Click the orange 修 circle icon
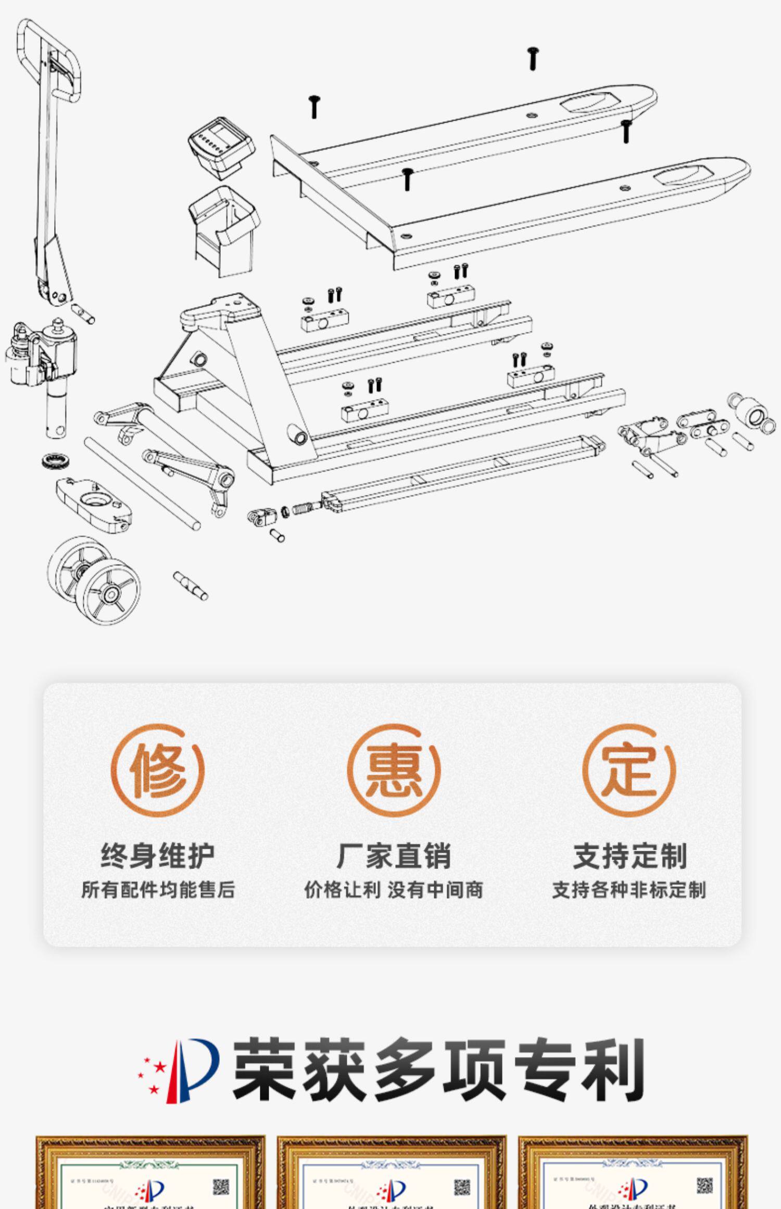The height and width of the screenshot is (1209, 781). [x=157, y=770]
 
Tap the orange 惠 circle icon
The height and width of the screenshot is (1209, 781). [x=393, y=770]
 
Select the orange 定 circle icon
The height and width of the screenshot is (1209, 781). [x=628, y=770]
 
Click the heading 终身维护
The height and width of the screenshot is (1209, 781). [x=157, y=855]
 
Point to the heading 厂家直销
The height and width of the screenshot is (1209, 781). [x=393, y=855]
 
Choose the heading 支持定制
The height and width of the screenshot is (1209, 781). [x=629, y=855]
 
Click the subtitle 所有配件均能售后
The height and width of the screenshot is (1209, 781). [x=158, y=890]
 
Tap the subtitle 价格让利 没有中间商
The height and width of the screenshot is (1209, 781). [x=393, y=890]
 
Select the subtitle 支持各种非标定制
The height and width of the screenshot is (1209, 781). [x=629, y=890]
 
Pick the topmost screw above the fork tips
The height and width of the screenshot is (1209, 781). [x=533, y=58]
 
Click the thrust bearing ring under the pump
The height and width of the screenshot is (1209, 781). [x=53, y=460]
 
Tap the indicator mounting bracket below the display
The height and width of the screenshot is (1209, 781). [x=224, y=229]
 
